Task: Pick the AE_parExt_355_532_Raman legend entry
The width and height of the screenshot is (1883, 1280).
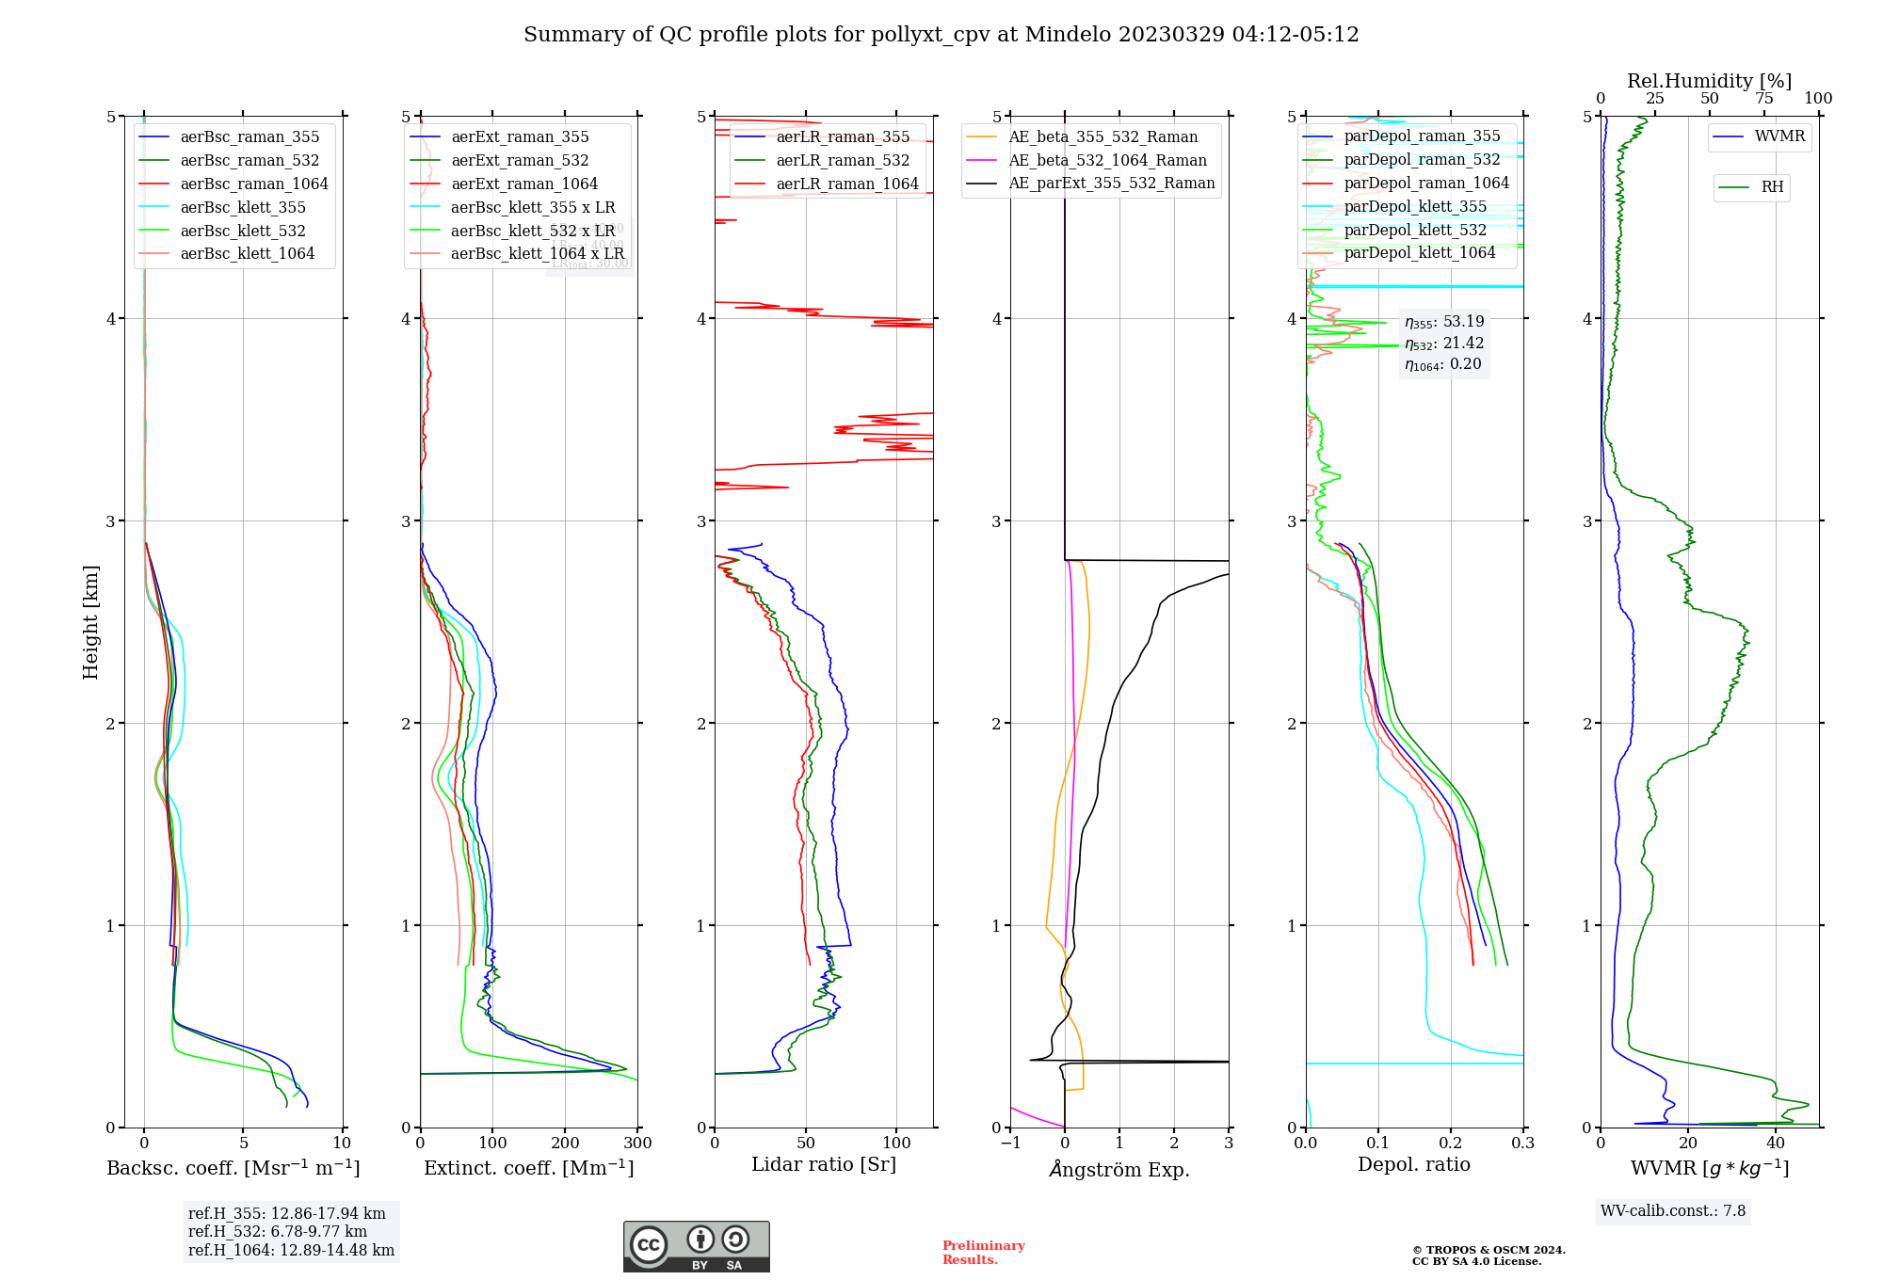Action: point(1111,184)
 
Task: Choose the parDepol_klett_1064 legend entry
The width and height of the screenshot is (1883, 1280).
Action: point(1419,253)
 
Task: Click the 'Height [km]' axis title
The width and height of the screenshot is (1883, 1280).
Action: point(90,622)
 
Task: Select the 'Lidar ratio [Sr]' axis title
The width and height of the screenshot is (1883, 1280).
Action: point(824,1164)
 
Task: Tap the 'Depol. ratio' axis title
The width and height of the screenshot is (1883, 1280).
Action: point(1413,1164)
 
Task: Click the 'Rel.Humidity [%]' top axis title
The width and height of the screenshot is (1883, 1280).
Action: point(1709,81)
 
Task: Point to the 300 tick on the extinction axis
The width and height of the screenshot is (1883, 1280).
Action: point(637,1144)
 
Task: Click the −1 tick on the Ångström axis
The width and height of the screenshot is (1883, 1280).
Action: point(1010,1144)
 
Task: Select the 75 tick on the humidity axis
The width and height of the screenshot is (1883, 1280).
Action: point(1763,99)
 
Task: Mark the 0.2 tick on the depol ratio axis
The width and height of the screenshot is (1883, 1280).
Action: point(1451,1144)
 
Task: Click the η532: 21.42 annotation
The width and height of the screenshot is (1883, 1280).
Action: point(1443,344)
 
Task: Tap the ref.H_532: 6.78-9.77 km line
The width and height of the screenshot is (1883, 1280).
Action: point(278,1232)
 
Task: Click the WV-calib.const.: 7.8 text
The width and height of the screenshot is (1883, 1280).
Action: point(1673,1211)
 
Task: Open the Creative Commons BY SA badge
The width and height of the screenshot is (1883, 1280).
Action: point(696,1247)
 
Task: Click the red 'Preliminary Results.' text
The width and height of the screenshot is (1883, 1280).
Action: point(983,1253)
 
